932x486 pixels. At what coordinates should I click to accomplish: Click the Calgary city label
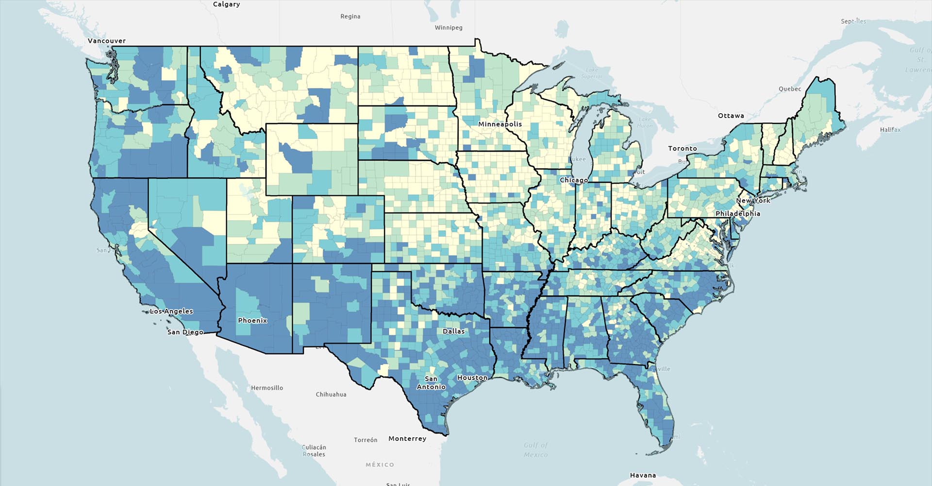[x=226, y=4]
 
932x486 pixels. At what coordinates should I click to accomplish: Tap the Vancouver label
[x=107, y=41]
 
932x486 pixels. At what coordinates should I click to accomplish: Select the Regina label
[x=350, y=17]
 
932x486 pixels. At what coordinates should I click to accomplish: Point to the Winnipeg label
[x=448, y=28]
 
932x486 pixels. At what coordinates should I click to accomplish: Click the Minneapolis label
[x=500, y=124]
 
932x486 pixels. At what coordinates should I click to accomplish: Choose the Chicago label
[x=574, y=180]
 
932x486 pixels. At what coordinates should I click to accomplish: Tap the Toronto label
[x=682, y=148]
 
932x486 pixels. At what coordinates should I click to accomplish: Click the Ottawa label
[x=731, y=116]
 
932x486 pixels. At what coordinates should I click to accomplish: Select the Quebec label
[x=790, y=89]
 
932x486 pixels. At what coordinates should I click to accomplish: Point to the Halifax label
[x=890, y=130]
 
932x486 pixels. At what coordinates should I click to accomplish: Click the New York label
[x=753, y=200]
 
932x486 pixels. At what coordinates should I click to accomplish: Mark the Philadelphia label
[x=737, y=213]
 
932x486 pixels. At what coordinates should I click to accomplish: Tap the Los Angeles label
[x=171, y=311]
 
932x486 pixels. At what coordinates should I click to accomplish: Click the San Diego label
[x=185, y=332]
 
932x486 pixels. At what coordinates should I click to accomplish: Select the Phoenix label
[x=252, y=320]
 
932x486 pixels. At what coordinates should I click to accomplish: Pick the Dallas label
[x=453, y=331]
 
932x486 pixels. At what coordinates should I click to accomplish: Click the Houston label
[x=472, y=378]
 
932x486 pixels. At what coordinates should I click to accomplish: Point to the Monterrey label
[x=407, y=438]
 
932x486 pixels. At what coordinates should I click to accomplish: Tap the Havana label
[x=643, y=475]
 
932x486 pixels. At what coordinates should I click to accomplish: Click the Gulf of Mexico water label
[x=535, y=450]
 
